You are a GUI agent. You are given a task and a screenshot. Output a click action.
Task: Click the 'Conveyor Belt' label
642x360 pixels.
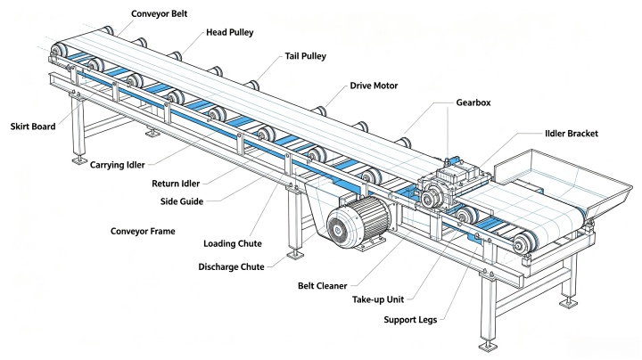click(159, 13)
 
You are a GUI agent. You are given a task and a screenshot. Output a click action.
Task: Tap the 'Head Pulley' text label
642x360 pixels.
click(230, 32)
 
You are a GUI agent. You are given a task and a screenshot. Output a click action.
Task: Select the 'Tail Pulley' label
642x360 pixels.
click(306, 56)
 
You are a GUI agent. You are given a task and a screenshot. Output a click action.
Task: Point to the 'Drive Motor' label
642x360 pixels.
click(374, 86)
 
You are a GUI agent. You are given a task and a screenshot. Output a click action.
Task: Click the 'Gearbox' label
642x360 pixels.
click(473, 102)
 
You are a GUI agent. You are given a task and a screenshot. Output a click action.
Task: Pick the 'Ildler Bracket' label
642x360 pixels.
click(572, 134)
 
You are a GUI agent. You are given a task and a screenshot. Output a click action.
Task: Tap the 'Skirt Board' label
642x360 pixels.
click(33, 127)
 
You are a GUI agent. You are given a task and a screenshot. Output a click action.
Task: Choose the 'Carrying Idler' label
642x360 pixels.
click(117, 165)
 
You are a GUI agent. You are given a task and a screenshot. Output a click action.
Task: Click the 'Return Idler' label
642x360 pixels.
click(176, 184)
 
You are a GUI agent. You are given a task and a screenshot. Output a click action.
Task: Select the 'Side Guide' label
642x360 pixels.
click(182, 201)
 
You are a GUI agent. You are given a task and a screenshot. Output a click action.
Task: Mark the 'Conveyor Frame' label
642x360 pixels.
click(143, 231)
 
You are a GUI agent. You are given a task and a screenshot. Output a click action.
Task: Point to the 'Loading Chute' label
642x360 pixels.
click(233, 244)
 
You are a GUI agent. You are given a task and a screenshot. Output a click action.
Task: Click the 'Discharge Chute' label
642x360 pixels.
click(231, 267)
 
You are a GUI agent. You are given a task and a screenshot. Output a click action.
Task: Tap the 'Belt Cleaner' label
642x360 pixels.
click(322, 286)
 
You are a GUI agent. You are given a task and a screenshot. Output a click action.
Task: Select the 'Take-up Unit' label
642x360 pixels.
click(378, 299)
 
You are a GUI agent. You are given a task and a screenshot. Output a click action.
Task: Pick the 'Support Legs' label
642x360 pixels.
click(410, 320)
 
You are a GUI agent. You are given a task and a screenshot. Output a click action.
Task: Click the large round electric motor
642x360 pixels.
click(358, 222)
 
